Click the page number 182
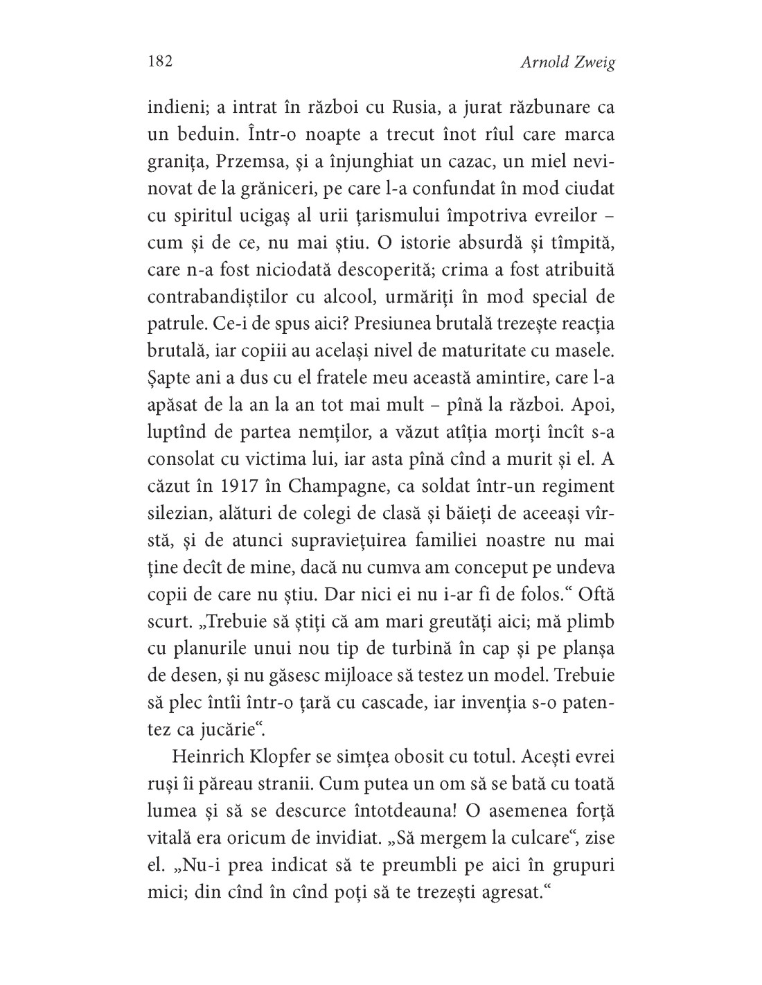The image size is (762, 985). pos(160,61)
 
